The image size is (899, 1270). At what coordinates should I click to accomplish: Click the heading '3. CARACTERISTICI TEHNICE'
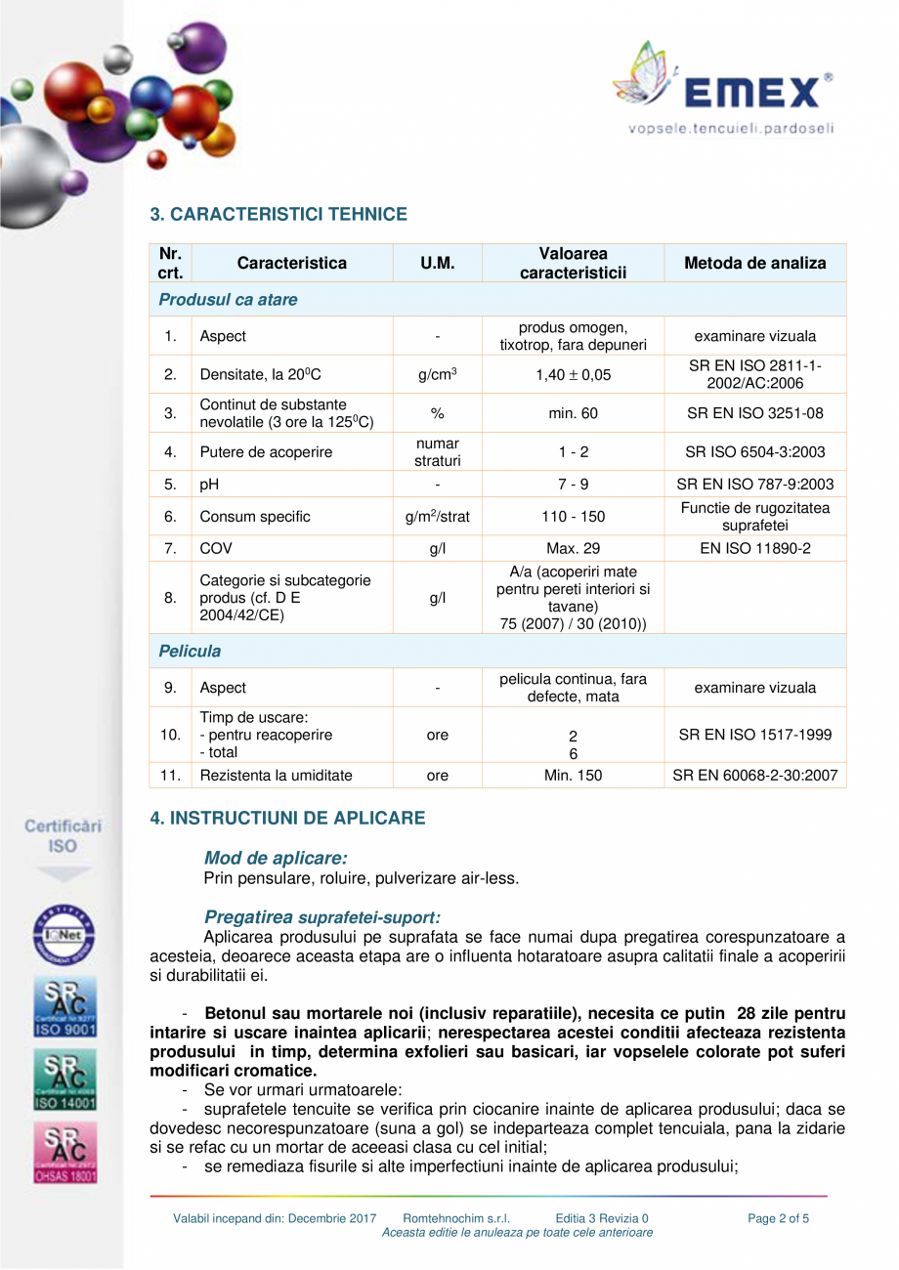pos(278,214)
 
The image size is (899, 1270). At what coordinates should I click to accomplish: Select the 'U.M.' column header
pos(437,263)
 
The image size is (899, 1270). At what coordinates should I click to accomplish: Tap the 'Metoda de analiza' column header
pos(754,263)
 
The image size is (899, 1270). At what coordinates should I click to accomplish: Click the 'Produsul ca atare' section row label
pos(228,300)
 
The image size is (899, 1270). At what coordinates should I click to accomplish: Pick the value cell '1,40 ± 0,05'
pos(573,374)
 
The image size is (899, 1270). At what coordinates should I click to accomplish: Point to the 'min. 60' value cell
pos(573,413)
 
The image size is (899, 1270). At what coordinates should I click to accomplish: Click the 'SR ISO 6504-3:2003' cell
pos(754,452)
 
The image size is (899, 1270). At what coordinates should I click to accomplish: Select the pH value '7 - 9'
pos(573,485)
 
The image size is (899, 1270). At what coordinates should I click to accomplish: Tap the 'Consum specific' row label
pos(254,517)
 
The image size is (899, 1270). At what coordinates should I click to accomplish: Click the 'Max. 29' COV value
pos(573,549)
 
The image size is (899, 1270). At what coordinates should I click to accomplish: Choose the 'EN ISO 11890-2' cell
pos(754,549)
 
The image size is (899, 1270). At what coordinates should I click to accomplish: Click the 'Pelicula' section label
pos(190,651)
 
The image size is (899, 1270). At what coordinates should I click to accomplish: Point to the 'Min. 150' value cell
pos(573,776)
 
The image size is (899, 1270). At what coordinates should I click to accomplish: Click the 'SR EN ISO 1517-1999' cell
pos(754,735)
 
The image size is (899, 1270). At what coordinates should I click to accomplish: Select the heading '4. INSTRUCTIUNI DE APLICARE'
pos(287,818)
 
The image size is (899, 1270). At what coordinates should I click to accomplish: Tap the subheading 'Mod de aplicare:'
pos(276,858)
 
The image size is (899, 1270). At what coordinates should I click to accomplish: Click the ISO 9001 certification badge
pos(65,1006)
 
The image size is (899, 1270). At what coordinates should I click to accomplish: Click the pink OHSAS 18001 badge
pos(65,1153)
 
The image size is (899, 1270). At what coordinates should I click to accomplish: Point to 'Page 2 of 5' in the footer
pos(778,1218)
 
